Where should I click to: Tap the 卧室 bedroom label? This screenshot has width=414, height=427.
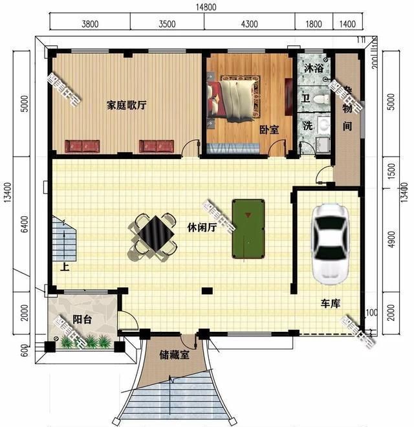pos(269,129)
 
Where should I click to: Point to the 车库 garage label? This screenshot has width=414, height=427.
pos(330,303)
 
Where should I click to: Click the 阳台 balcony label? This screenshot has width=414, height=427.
pos(81,319)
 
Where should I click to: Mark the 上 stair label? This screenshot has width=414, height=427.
pos(64,267)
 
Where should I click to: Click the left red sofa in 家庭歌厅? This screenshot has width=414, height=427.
pos(81,146)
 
